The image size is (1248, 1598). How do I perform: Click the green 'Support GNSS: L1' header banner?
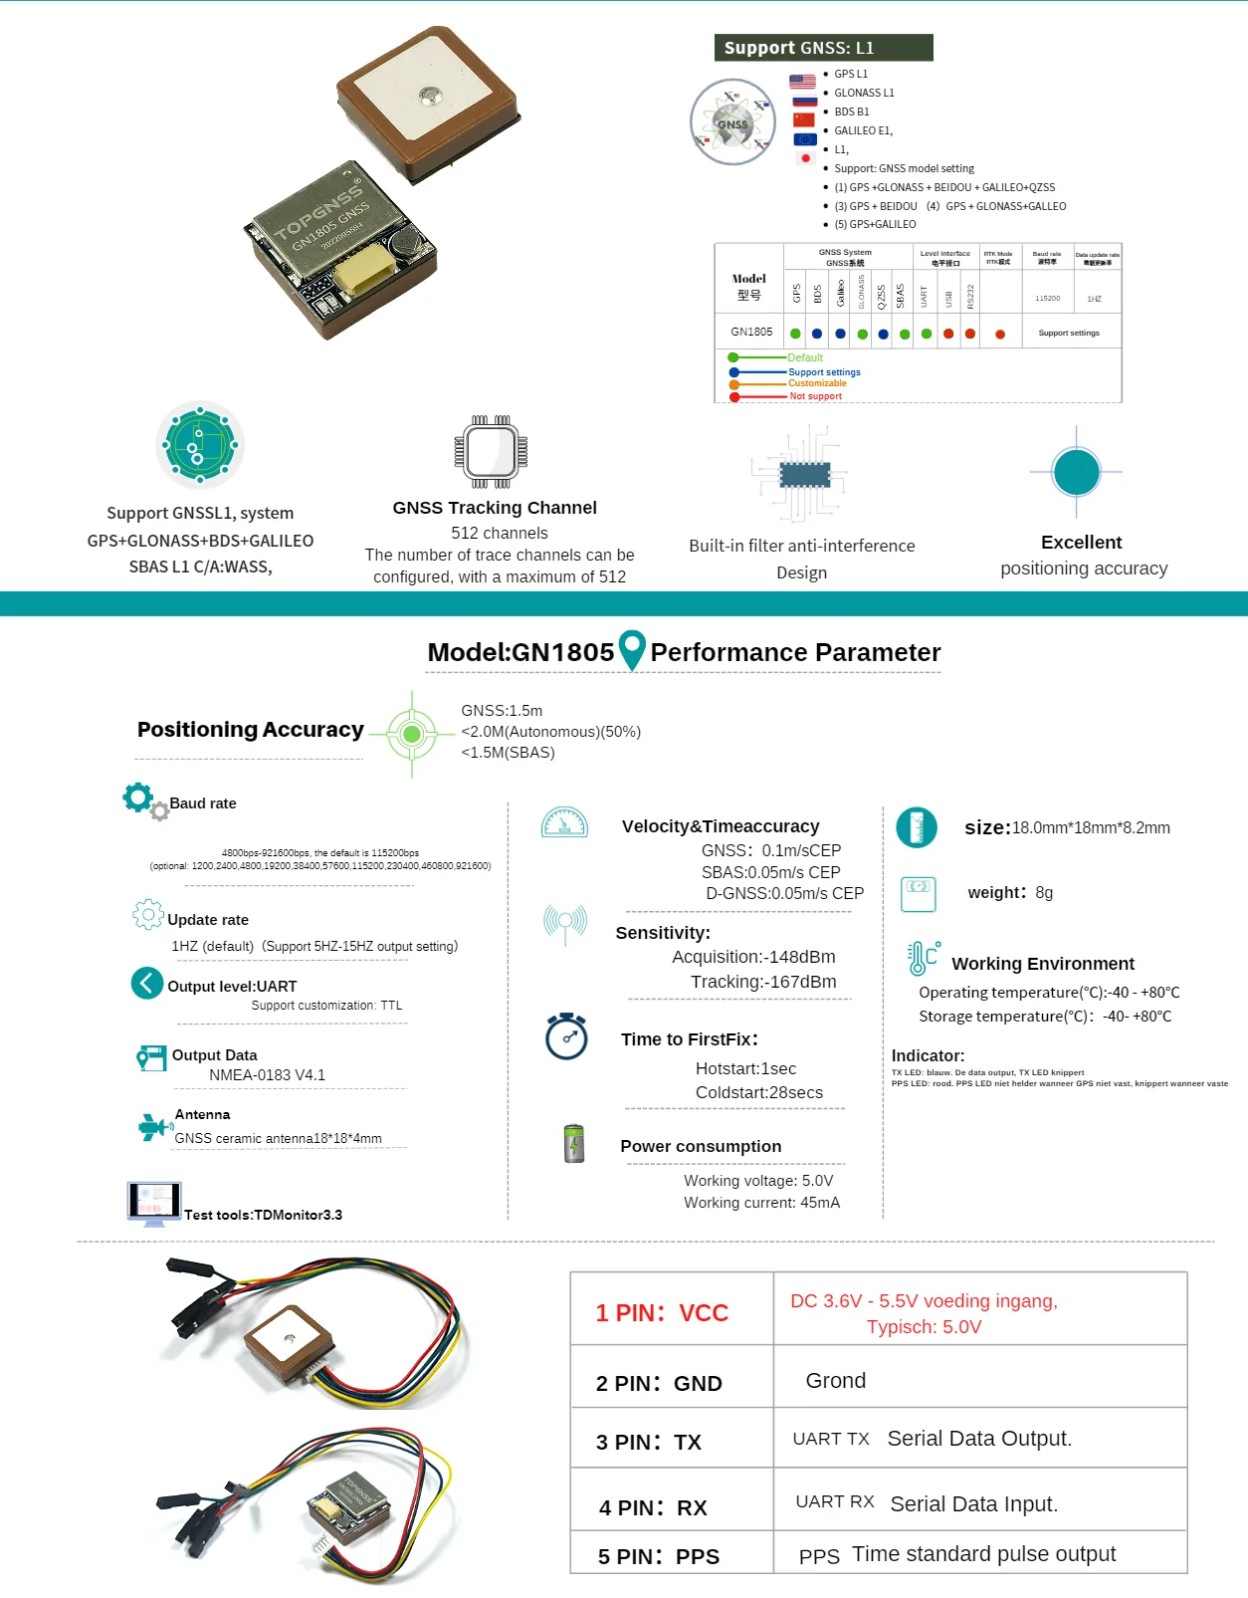click(823, 48)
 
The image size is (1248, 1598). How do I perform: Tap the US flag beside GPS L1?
click(802, 82)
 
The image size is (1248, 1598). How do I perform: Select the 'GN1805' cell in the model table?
click(750, 333)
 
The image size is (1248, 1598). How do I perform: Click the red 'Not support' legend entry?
click(815, 396)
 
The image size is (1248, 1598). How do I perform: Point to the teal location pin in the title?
click(632, 650)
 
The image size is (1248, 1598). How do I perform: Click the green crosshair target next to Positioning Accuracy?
click(411, 735)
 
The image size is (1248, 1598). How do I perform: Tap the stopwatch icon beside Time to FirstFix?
click(566, 1036)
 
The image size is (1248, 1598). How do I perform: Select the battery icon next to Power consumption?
click(574, 1144)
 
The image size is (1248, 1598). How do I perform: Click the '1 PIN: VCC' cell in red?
click(662, 1313)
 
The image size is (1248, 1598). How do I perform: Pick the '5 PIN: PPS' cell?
click(658, 1556)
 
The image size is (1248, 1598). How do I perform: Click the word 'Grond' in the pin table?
click(835, 1381)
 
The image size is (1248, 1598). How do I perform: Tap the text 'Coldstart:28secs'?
click(758, 1092)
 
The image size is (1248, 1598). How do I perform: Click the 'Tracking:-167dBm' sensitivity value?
click(763, 982)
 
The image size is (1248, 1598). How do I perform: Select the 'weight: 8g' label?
click(1009, 893)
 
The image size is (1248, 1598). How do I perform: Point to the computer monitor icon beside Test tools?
click(154, 1203)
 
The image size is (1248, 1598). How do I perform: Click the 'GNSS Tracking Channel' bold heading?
click(495, 508)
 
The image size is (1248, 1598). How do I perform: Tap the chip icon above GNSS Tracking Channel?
click(491, 452)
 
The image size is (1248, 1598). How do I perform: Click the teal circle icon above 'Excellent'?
click(1076, 472)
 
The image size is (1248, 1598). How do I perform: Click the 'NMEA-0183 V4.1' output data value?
click(267, 1075)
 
